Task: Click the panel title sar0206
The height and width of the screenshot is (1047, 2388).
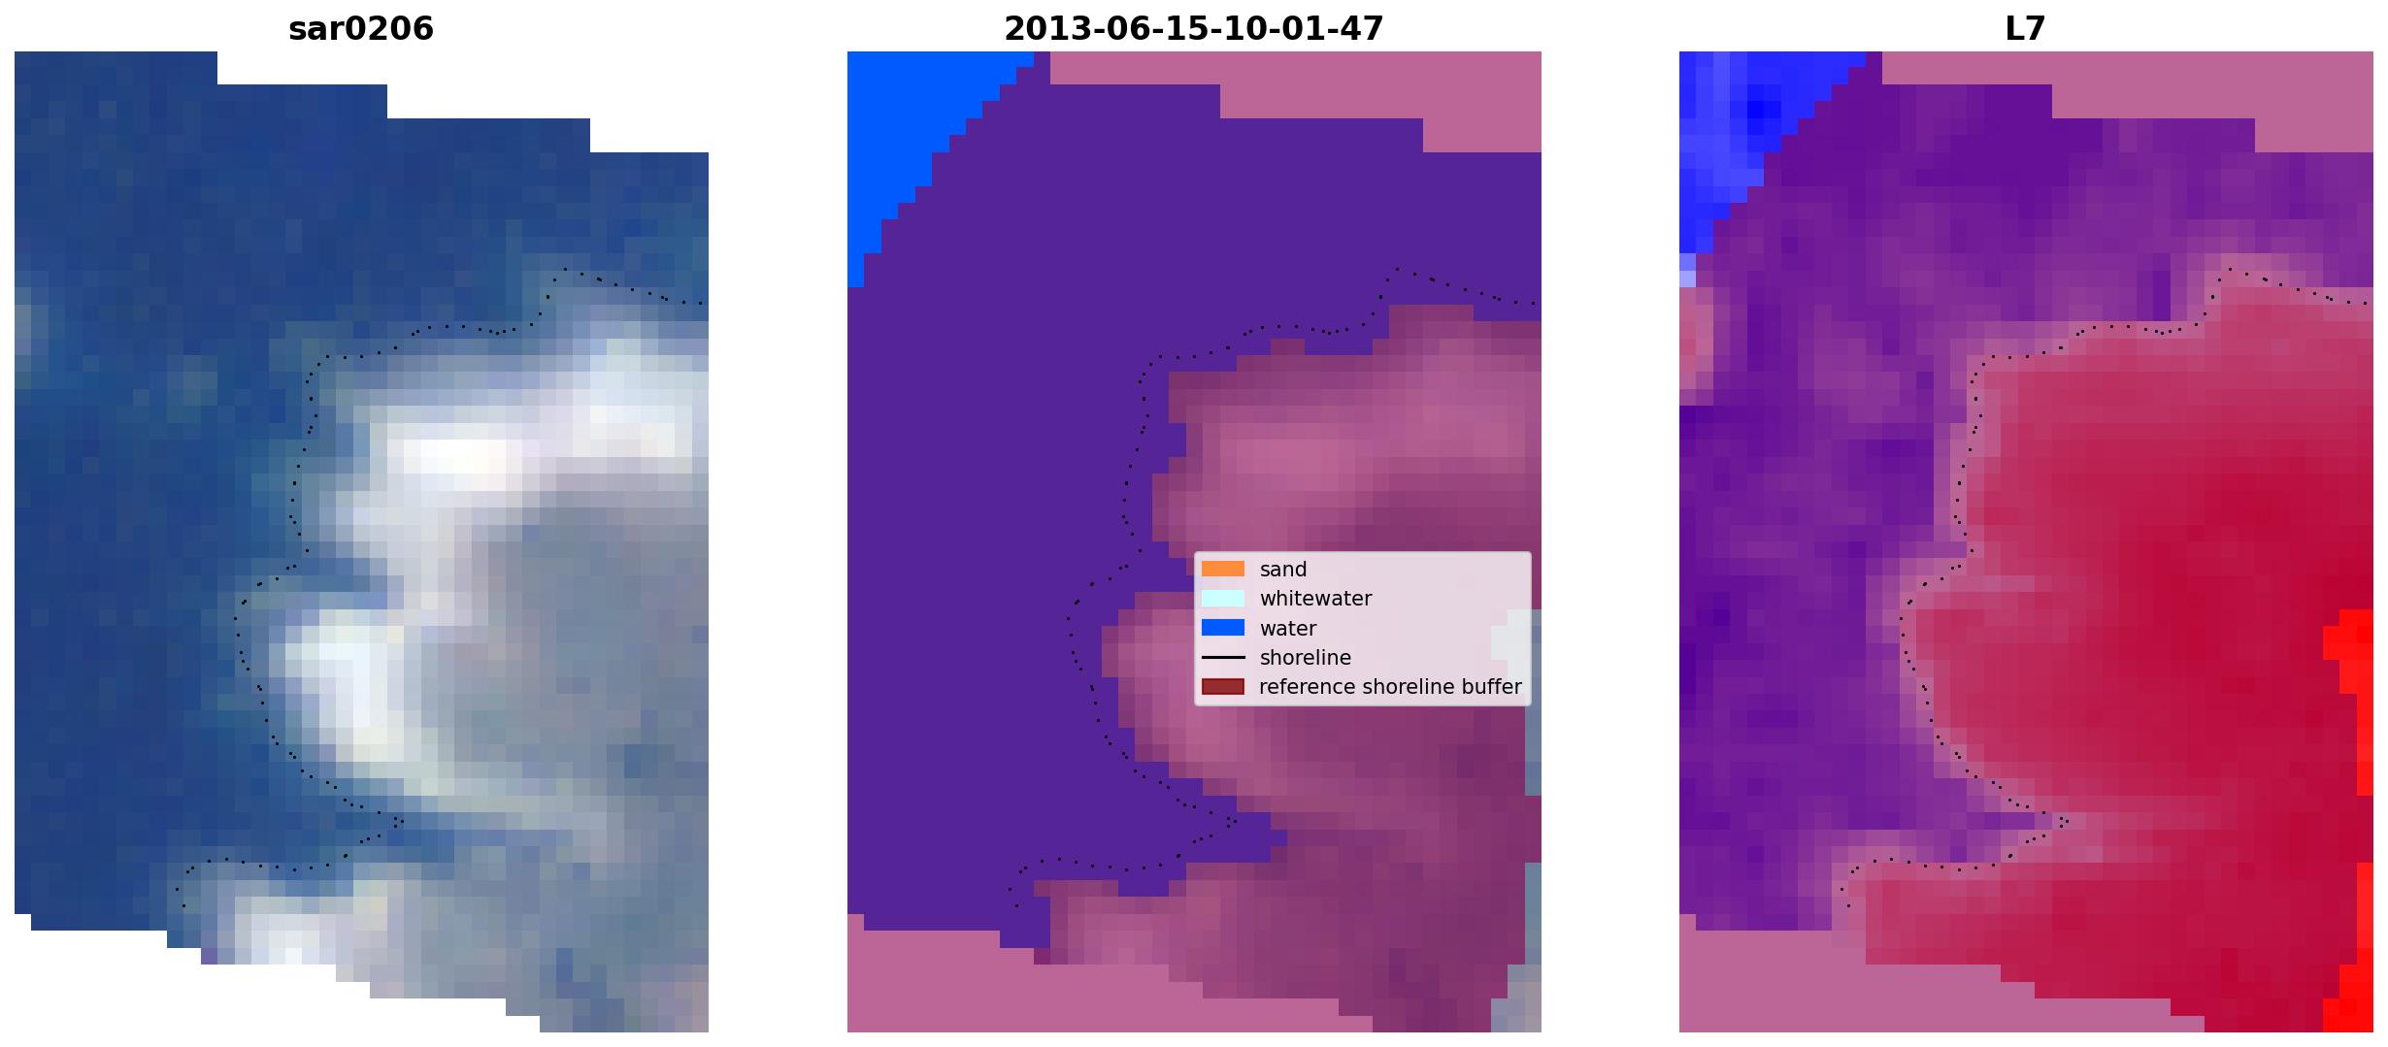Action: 361,29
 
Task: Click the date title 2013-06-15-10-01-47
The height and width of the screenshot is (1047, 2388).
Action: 1193,29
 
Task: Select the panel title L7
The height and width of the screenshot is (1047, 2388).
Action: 2025,29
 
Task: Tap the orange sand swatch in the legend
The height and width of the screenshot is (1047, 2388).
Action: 1223,569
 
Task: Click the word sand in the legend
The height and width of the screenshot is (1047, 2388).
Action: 1283,570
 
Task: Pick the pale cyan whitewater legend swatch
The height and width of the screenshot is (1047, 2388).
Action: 1223,599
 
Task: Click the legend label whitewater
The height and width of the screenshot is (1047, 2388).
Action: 1315,599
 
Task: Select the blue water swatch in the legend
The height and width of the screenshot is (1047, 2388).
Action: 1223,628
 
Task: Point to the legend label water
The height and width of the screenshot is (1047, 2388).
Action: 1288,629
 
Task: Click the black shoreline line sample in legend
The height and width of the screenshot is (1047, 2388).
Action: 1223,658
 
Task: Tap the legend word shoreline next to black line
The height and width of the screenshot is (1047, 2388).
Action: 1306,658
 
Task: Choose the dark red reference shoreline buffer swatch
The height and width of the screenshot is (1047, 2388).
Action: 1223,687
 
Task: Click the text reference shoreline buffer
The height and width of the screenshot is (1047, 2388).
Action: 1390,687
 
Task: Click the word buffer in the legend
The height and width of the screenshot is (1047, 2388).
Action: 1493,687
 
